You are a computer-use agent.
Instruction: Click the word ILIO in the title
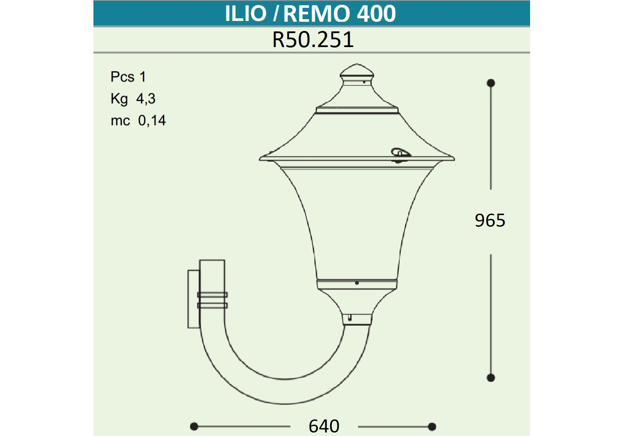pos(246,14)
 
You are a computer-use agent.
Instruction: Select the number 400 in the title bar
pos(376,14)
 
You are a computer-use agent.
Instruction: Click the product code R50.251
pos(313,40)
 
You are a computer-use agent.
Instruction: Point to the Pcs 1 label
pos(128,76)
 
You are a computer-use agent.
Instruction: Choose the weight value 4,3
pos(146,99)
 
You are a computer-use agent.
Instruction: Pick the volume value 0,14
pos(152,120)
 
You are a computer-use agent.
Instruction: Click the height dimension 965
pos(490,221)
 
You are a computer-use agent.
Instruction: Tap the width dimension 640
pos(324,426)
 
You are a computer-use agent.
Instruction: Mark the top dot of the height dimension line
pos(490,83)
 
